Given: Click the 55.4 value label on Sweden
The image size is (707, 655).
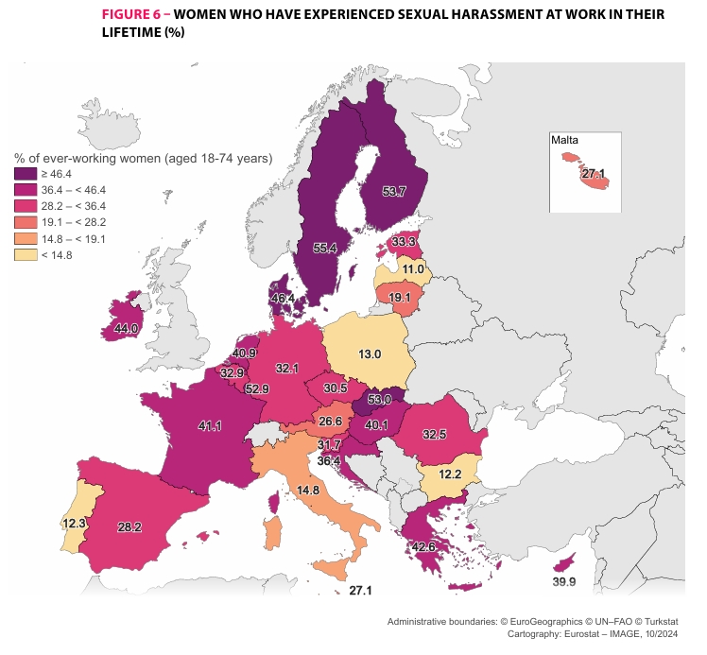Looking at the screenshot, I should coord(324,249).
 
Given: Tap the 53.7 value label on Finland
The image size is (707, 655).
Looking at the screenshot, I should coord(393,192).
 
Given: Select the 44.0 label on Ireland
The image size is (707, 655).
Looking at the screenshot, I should coord(127,329).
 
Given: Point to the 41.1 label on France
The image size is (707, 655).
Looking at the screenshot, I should coord(209,426).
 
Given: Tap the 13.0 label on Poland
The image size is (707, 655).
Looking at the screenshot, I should coord(369,354).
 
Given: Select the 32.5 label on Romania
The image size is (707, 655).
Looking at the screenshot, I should coord(435,435).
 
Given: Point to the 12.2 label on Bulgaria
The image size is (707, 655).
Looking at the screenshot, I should coord(450,474).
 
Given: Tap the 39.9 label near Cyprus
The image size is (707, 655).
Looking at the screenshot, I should coord(563,582).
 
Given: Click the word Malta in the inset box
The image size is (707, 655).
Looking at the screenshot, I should coord(565,140).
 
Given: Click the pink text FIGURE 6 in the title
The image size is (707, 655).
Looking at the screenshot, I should coord(133,16).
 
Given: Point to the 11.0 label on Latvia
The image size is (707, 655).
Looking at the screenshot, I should coord(413,269).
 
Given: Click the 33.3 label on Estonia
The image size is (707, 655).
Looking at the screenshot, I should coord(405,242).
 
